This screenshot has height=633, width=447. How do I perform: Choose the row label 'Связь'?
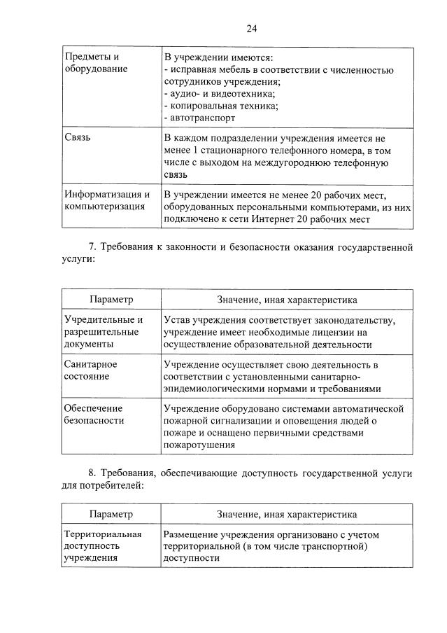[77, 138]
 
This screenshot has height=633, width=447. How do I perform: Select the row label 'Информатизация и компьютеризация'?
[106, 200]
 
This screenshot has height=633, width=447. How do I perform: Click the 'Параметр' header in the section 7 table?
[111, 300]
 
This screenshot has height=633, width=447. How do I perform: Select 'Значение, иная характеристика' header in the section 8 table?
[287, 515]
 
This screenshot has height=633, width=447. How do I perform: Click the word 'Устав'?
[178, 320]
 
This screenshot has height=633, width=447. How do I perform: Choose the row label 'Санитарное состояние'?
[90, 370]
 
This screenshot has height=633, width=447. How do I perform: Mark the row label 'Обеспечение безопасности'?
[94, 414]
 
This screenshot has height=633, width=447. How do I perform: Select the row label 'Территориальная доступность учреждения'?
[102, 546]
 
